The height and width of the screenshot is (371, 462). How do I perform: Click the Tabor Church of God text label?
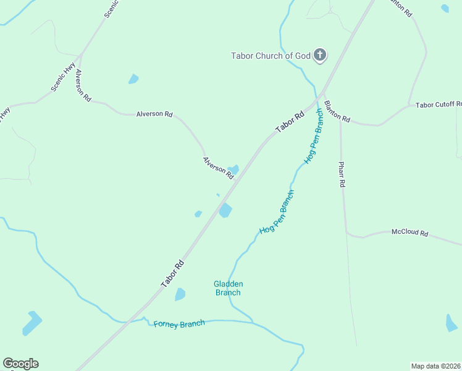point(271,56)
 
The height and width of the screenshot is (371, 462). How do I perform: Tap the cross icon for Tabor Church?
point(320,56)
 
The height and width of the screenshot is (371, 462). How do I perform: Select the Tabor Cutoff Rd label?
point(439,105)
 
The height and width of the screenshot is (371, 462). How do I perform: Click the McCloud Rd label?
point(409,232)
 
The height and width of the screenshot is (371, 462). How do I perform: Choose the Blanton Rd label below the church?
point(337,112)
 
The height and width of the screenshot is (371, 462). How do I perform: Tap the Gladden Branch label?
point(229,288)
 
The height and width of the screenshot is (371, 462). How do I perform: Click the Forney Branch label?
point(179,324)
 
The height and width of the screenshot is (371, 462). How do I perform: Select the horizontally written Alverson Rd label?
point(154,114)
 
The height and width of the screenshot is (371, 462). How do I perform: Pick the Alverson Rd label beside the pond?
point(219,168)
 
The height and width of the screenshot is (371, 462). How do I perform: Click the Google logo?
point(20,364)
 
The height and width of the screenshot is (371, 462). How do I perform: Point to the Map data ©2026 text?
point(436,365)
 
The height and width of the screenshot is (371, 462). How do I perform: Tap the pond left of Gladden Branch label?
point(180,294)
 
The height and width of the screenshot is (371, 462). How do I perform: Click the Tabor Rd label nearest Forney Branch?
point(173,273)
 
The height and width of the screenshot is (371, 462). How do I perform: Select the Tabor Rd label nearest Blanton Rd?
point(290,122)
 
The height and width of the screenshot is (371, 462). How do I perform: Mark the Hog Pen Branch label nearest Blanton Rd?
point(314,137)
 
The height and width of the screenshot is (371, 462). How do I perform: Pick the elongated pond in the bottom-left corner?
point(31,323)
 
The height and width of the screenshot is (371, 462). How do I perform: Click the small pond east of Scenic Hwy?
point(133,79)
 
